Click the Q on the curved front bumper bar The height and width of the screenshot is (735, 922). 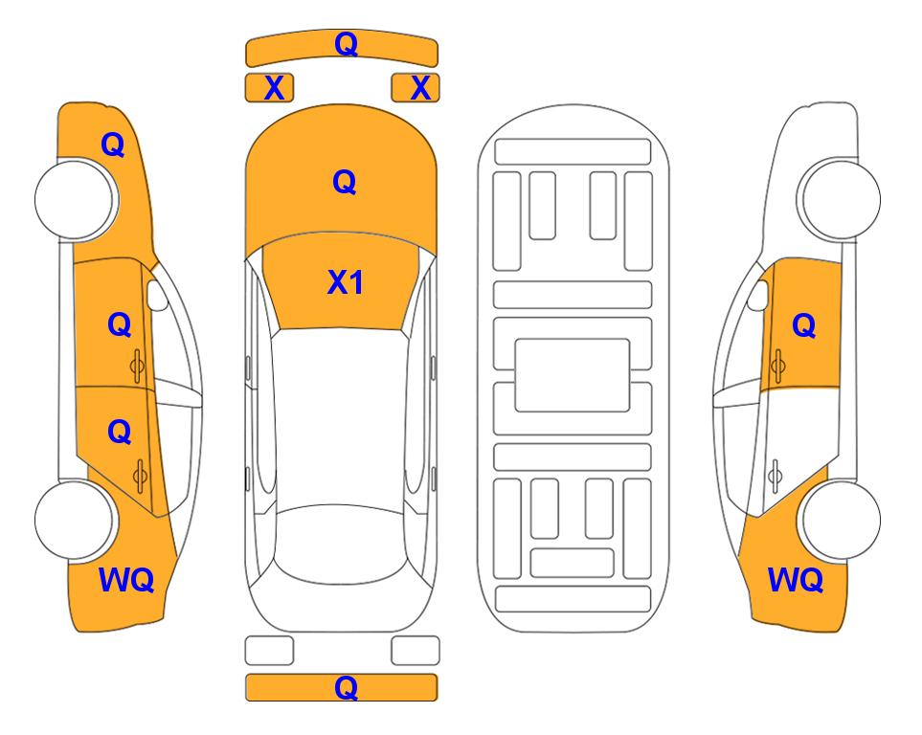[x=346, y=43]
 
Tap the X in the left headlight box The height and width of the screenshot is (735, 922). [x=274, y=88]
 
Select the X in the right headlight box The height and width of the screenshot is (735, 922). [x=420, y=88]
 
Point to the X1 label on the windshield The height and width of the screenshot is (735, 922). [x=346, y=282]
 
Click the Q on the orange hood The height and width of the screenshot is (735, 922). [x=345, y=182]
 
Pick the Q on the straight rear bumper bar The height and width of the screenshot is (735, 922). [x=346, y=687]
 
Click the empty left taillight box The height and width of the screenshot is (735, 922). [x=269, y=651]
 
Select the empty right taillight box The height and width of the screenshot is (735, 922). [x=416, y=651]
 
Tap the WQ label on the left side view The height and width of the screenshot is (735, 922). [x=126, y=580]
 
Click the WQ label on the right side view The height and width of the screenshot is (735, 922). [x=796, y=580]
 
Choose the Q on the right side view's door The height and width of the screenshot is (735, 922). [x=804, y=325]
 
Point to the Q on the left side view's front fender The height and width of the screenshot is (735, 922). [x=113, y=145]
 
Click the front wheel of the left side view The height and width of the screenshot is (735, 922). [x=77, y=200]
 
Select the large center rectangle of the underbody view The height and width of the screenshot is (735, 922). [x=573, y=375]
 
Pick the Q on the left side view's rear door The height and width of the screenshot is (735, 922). [x=120, y=433]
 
